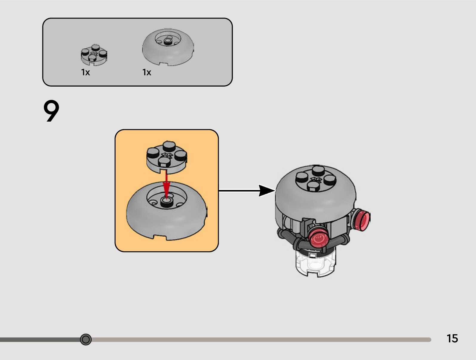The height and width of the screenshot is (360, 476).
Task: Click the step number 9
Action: tap(51, 111)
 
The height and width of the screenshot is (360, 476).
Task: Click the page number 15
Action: tap(452, 338)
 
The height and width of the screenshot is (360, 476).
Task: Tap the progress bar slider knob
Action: tap(86, 339)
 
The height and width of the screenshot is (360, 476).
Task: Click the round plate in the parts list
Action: tap(94, 55)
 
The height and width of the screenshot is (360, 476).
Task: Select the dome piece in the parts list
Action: tap(168, 47)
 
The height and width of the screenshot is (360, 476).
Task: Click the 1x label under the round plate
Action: tap(85, 72)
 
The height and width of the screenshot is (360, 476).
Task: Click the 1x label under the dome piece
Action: tap(147, 72)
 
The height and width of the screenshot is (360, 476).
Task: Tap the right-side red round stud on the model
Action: tap(362, 220)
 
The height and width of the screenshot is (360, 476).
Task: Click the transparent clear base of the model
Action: tap(315, 264)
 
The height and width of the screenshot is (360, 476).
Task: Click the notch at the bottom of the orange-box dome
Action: tap(160, 237)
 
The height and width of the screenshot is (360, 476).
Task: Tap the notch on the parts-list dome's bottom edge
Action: tap(163, 63)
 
